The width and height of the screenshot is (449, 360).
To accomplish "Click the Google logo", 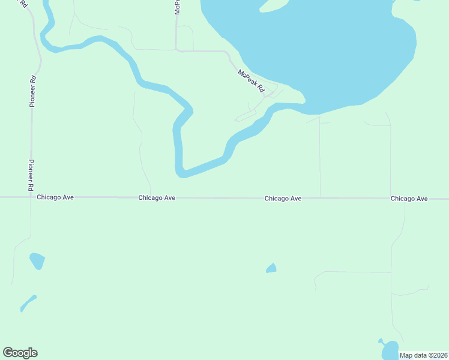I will point(20,353).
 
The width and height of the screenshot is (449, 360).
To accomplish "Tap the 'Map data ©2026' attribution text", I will point(424,355).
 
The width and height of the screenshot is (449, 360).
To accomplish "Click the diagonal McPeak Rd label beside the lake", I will point(252,81).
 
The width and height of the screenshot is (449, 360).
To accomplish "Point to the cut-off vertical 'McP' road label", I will point(177,7).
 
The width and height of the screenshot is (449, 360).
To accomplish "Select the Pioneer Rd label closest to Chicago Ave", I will point(30,175).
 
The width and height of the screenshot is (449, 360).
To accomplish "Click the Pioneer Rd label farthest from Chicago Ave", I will point(33,90).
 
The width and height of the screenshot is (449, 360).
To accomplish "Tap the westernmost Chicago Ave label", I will point(55,197).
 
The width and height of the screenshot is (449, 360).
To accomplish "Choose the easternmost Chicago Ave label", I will point(409,198).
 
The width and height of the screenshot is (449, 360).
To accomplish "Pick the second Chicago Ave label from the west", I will point(157,197).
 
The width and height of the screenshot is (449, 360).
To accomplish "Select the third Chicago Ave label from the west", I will point(283,198).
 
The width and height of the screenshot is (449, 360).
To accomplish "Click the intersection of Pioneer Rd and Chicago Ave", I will point(31,197).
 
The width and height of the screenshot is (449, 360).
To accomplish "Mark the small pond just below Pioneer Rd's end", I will point(37,260).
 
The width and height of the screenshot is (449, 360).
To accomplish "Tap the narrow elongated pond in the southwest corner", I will point(28,303).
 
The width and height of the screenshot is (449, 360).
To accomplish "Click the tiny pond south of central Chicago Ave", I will point(271,268).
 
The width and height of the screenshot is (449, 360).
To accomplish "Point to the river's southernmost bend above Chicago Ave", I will point(182,173).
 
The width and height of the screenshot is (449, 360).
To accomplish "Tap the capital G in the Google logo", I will point(8,353).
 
